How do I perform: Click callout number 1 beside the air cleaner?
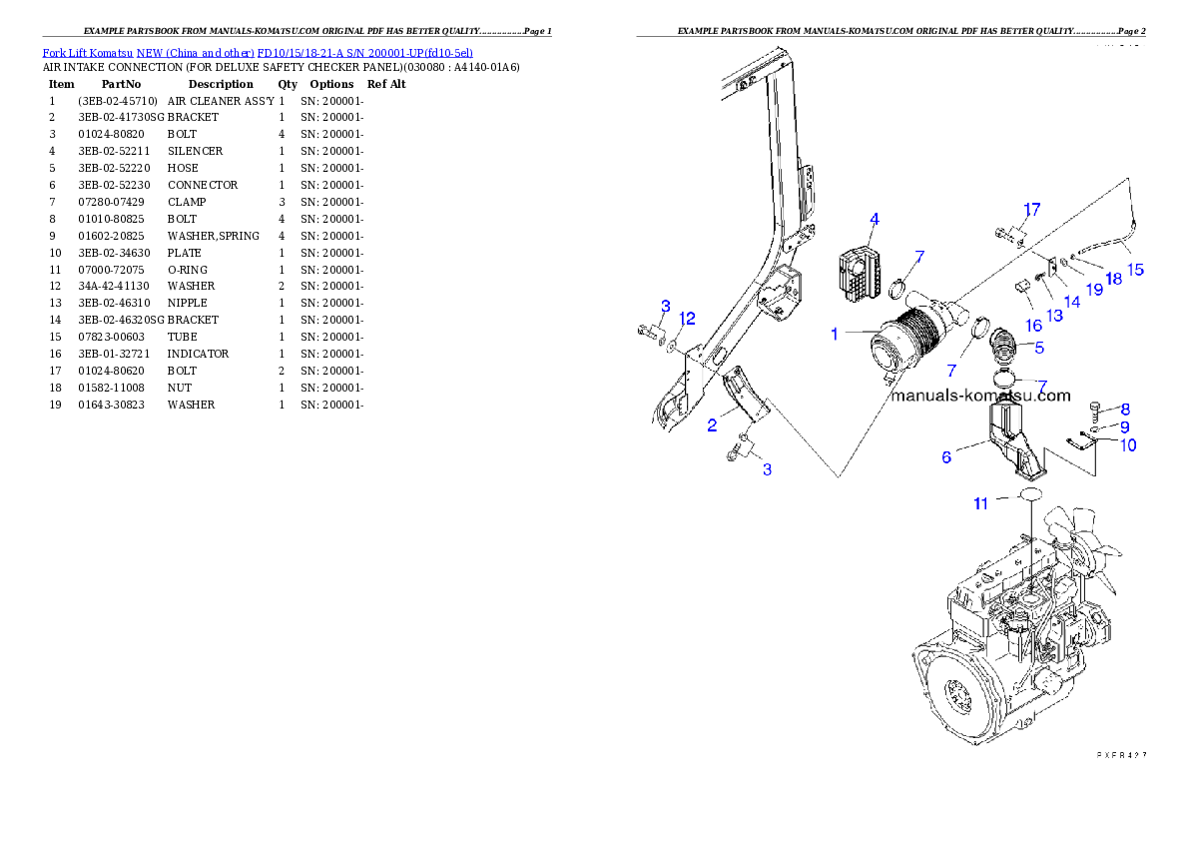(835, 335)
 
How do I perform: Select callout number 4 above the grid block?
(874, 219)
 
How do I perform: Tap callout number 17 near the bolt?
(1031, 210)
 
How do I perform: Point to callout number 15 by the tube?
(1135, 270)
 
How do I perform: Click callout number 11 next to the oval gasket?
(981, 503)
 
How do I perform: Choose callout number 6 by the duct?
(946, 457)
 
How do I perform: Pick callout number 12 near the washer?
(687, 318)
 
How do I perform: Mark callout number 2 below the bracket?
(712, 424)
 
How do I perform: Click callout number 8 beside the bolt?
(1125, 409)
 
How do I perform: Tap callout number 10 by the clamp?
(1127, 445)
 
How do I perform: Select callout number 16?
(1033, 326)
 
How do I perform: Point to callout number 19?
(1094, 290)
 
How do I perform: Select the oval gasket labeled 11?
(1029, 494)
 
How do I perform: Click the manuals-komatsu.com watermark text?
(980, 396)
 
